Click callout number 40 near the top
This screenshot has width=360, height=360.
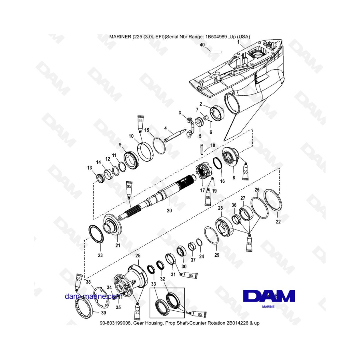tap(202, 45)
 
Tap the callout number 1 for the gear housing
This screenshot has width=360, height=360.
tap(238, 42)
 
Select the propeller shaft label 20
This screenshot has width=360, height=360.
tap(169, 210)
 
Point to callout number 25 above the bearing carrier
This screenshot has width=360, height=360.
tap(138, 256)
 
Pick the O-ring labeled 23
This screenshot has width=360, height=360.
tap(96, 234)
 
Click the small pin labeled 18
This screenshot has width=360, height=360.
tap(202, 149)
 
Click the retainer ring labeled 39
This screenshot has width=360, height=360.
tap(84, 306)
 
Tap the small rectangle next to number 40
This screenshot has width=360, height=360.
tap(216, 52)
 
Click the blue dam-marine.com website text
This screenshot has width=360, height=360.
tap(94, 296)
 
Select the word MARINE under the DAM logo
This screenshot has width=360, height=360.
tap(268, 306)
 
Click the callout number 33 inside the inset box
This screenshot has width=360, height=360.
tap(153, 284)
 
